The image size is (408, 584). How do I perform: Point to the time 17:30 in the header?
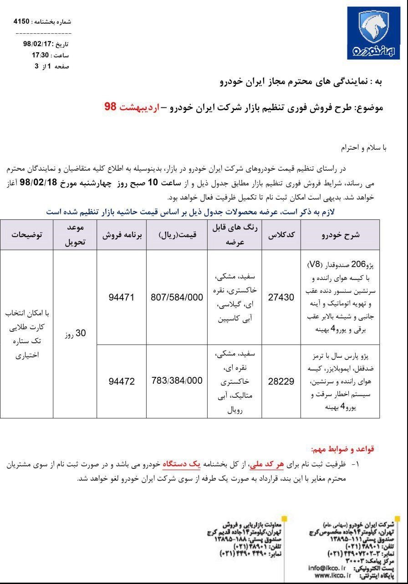click(x=40, y=55)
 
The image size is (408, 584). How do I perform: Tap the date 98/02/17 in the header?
click(x=36, y=44)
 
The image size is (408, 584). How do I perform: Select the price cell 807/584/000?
click(x=177, y=297)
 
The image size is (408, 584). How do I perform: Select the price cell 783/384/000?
click(x=177, y=381)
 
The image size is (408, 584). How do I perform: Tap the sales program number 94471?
click(x=122, y=297)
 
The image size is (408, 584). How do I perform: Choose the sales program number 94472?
click(x=122, y=381)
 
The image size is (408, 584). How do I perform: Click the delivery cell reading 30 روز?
click(x=75, y=334)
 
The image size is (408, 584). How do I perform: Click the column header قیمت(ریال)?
click(x=178, y=235)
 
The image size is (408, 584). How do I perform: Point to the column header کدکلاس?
click(x=282, y=235)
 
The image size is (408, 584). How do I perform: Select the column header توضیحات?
click(x=27, y=235)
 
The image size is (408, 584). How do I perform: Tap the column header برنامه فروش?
click(x=122, y=235)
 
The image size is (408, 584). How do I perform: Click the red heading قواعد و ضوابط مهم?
click(x=342, y=449)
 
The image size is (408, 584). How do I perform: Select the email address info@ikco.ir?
click(x=327, y=568)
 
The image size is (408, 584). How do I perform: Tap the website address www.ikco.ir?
click(x=331, y=575)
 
